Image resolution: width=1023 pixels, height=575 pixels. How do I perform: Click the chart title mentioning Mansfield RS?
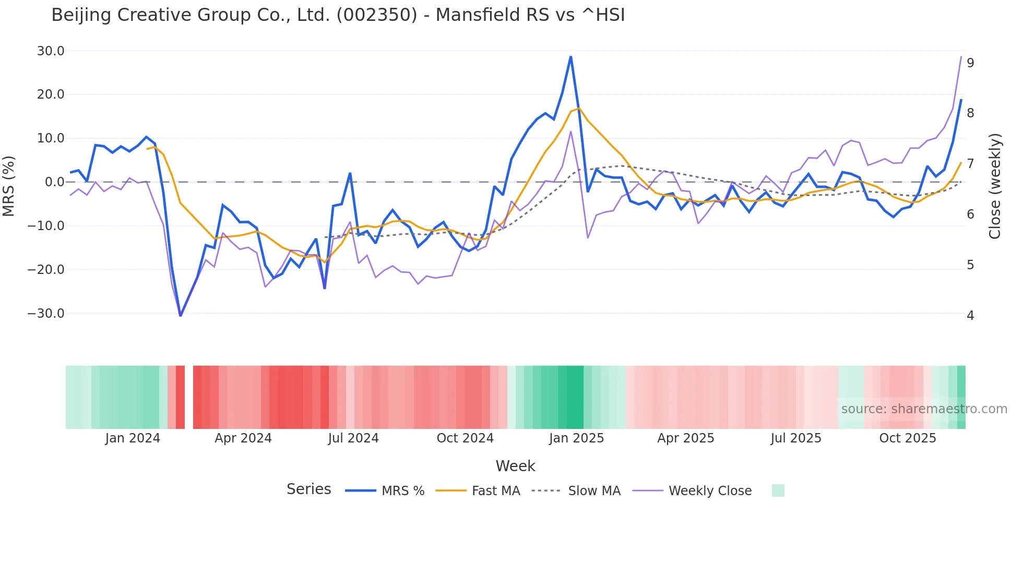tap(338, 15)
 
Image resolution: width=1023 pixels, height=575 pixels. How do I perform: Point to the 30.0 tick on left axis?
tap(51, 51)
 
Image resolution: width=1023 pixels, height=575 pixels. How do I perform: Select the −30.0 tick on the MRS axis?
tap(46, 314)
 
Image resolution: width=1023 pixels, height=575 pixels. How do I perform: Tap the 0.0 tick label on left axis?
tap(54, 182)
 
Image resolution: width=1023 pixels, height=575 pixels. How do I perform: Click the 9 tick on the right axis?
tap(970, 63)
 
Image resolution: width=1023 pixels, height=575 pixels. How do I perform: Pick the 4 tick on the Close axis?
tap(970, 316)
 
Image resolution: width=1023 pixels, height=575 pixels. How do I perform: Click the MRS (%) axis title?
tap(8, 186)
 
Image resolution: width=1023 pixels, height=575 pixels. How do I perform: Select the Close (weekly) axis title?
tap(995, 186)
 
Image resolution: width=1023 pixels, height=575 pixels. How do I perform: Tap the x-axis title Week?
tap(515, 466)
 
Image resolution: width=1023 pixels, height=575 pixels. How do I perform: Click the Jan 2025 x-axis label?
tap(576, 438)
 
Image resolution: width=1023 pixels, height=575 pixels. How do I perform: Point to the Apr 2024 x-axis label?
tap(243, 438)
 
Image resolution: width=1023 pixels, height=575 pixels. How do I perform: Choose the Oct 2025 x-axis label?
tap(908, 438)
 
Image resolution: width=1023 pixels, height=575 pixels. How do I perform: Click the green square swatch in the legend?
tap(778, 490)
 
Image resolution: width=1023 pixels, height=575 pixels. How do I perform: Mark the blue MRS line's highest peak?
tap(570, 56)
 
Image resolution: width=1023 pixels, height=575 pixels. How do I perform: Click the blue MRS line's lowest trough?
tap(181, 316)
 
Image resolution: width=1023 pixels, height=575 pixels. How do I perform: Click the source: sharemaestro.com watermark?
tap(924, 409)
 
